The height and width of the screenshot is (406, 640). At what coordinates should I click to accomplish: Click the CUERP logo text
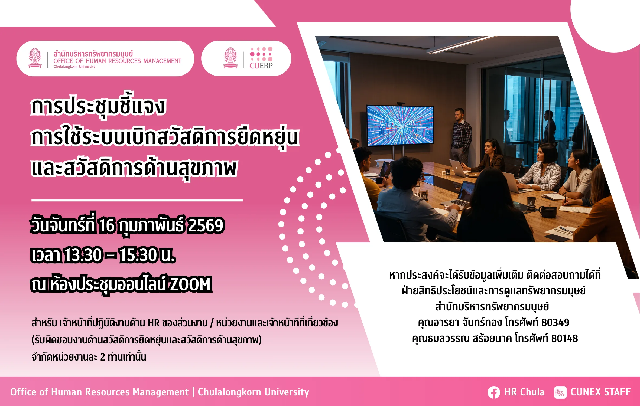pos(261,66)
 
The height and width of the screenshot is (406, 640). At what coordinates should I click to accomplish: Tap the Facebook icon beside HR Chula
pos(494,392)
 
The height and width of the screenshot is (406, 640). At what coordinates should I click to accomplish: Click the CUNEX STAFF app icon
pos(560,392)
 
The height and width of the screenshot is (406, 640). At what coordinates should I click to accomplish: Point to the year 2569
pos(206,225)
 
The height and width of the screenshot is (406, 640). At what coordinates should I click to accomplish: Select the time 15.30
pos(138,255)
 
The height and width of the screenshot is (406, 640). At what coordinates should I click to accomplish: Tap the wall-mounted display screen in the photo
pos(400,125)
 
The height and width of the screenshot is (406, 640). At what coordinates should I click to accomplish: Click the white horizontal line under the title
pos(137,201)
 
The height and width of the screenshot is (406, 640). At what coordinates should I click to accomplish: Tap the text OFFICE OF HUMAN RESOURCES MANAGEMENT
pos(117,61)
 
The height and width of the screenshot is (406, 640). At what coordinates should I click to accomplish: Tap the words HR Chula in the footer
pos(524,392)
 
